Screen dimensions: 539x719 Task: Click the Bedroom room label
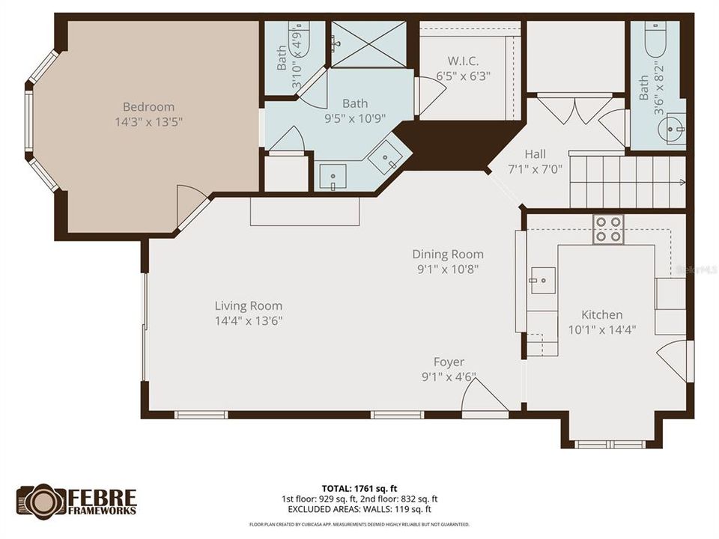pos(148,107)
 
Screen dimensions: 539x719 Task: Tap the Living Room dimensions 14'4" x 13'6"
pos(248,320)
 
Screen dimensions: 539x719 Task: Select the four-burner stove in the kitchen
pos(607,229)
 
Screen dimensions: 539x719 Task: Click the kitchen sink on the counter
pos(542,280)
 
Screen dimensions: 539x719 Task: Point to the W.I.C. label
pos(463,61)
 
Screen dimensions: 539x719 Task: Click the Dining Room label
pos(447,255)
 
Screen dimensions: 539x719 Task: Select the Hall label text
pos(535,154)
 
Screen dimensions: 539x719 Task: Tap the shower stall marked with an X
pos(368,44)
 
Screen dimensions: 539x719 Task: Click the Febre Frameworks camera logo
pos(40,501)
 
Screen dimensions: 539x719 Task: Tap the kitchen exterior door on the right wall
pos(674,359)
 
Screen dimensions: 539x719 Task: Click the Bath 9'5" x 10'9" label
pos(354,103)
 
